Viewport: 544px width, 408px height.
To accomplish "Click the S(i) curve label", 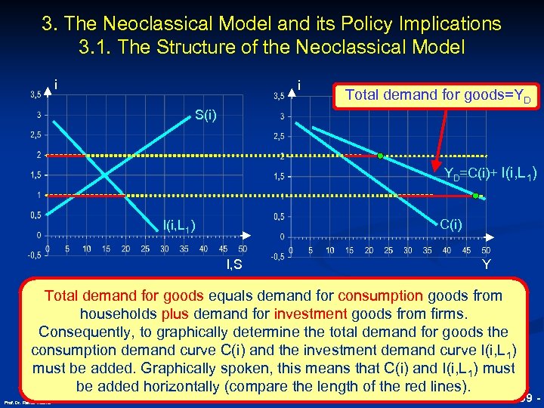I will tap(206, 116).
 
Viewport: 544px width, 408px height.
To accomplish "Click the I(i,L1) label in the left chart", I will tap(180, 224).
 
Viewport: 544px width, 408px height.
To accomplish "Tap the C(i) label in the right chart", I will tap(452, 224).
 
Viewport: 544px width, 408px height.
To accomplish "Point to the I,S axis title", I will tap(234, 263).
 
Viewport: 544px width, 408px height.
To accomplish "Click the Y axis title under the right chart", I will tap(487, 264).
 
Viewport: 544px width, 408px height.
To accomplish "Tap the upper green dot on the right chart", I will tap(381, 156).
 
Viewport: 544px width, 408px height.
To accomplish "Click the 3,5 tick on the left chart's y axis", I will tap(35, 95).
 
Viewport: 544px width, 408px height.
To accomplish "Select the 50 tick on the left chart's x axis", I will tap(242, 249).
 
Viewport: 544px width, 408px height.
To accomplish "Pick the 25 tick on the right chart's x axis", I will tap(388, 250).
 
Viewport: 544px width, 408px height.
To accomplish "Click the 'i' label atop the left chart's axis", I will tap(57, 84).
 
